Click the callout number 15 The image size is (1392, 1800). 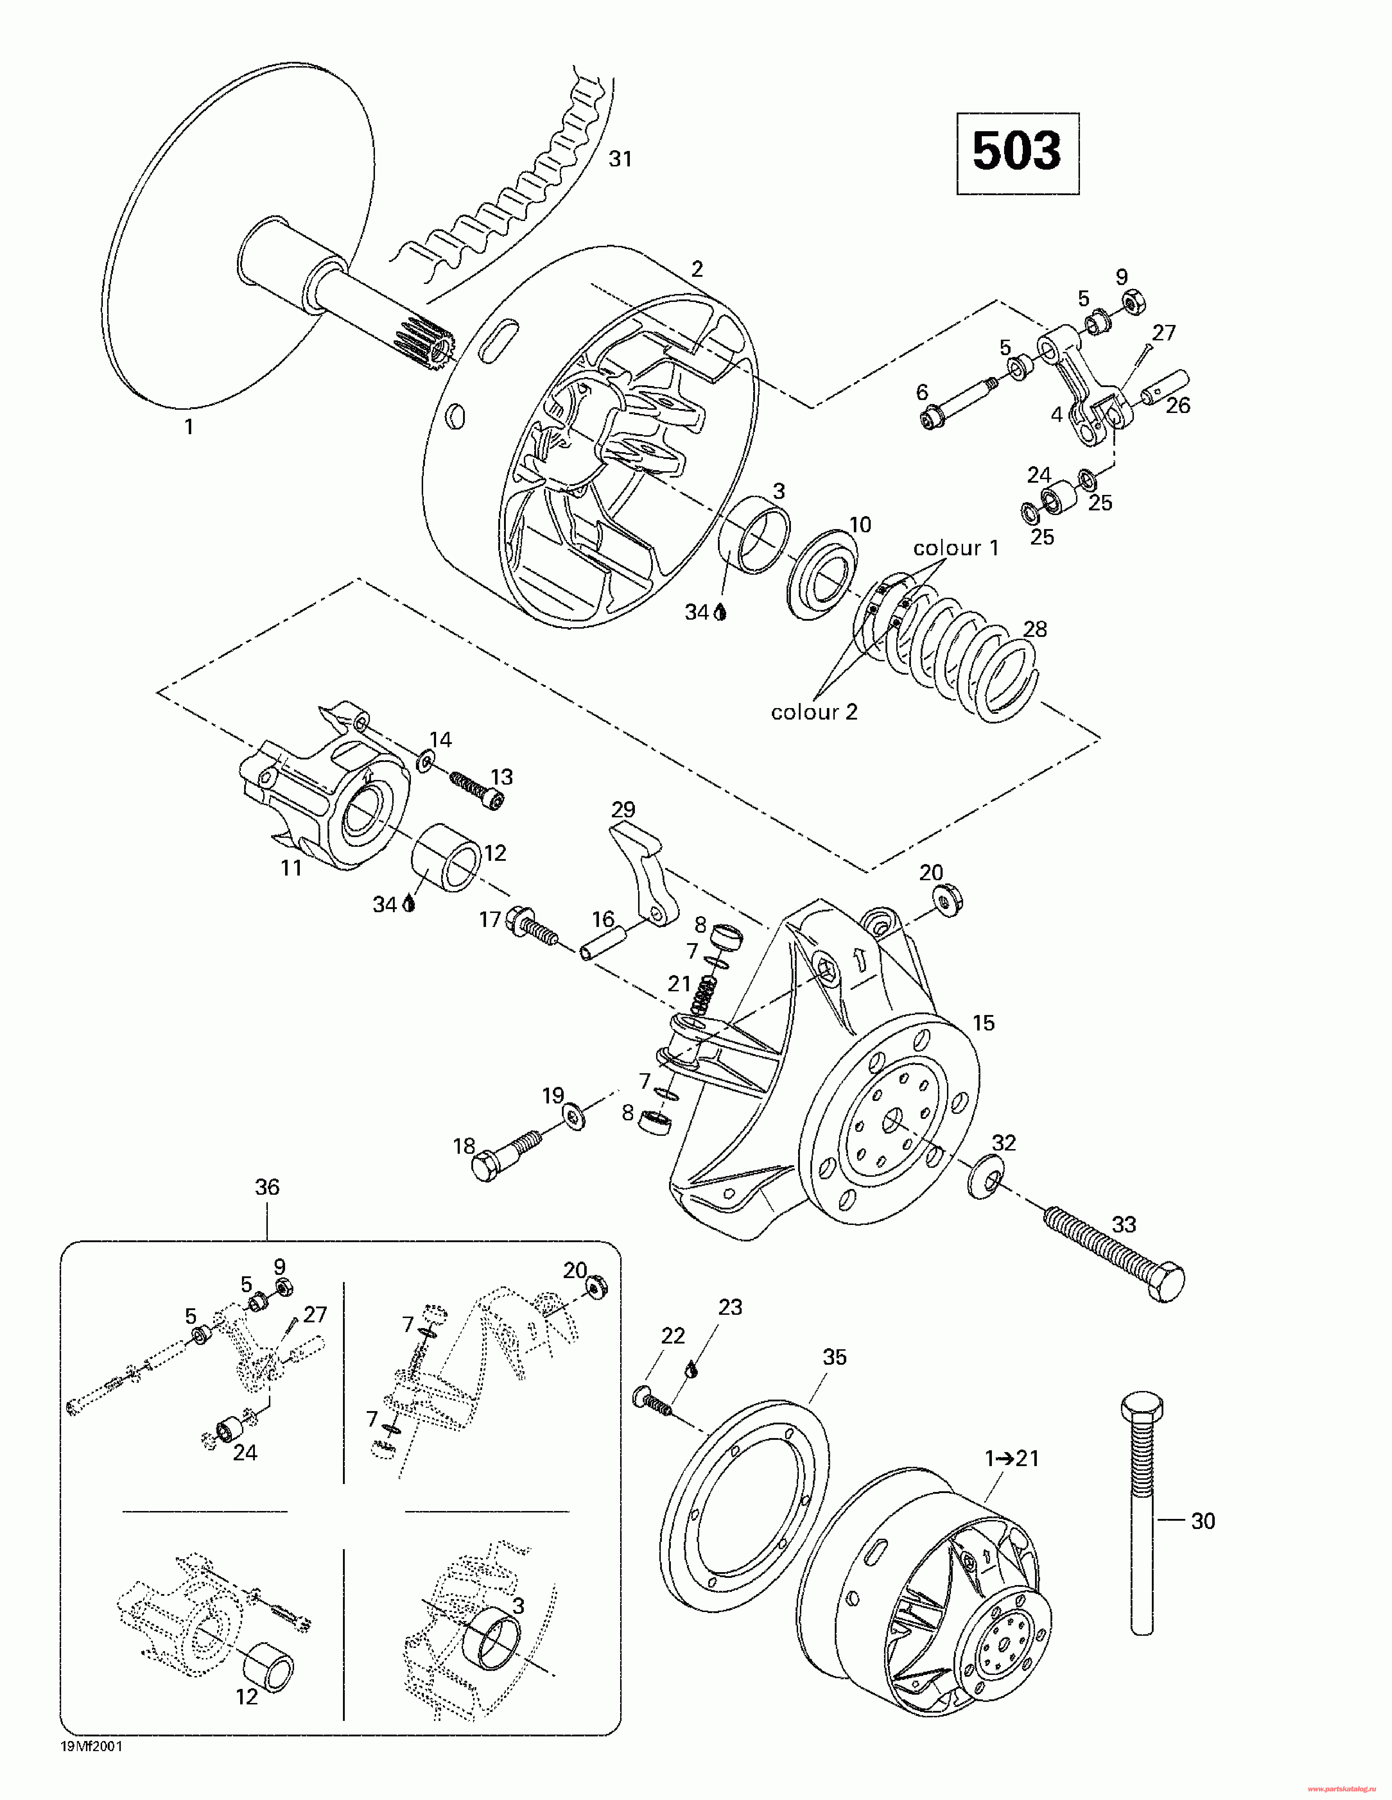[983, 1023]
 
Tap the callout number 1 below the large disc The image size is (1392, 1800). [189, 427]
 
